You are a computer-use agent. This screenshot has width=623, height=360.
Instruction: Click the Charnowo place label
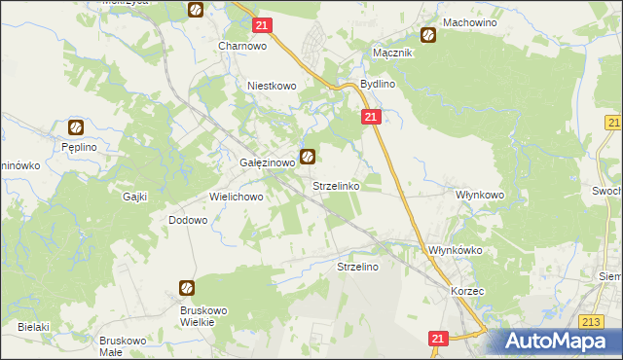pyautogui.click(x=242, y=46)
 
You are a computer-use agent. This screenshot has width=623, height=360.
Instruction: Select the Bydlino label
pyautogui.click(x=377, y=85)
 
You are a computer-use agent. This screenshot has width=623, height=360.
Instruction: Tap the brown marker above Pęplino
pyautogui.click(x=76, y=126)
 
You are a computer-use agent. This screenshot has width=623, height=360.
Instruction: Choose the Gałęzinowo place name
pyautogui.click(x=267, y=163)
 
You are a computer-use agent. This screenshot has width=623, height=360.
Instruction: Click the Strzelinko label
pyautogui.click(x=336, y=185)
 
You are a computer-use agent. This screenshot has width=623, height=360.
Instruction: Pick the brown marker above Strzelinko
pyautogui.click(x=308, y=156)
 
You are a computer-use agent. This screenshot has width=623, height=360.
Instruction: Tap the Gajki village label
pyautogui.click(x=134, y=197)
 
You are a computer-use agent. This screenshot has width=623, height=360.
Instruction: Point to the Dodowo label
pyautogui.click(x=189, y=221)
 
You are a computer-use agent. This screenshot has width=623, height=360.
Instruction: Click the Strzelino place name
pyautogui.click(x=357, y=266)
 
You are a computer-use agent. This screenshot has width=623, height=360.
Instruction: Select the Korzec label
pyautogui.click(x=467, y=291)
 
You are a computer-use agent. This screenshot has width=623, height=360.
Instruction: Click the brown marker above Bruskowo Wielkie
pyautogui.click(x=186, y=288)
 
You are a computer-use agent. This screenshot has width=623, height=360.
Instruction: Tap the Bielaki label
pyautogui.click(x=32, y=327)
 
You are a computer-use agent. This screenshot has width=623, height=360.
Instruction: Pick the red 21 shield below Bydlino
pyautogui.click(x=371, y=117)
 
